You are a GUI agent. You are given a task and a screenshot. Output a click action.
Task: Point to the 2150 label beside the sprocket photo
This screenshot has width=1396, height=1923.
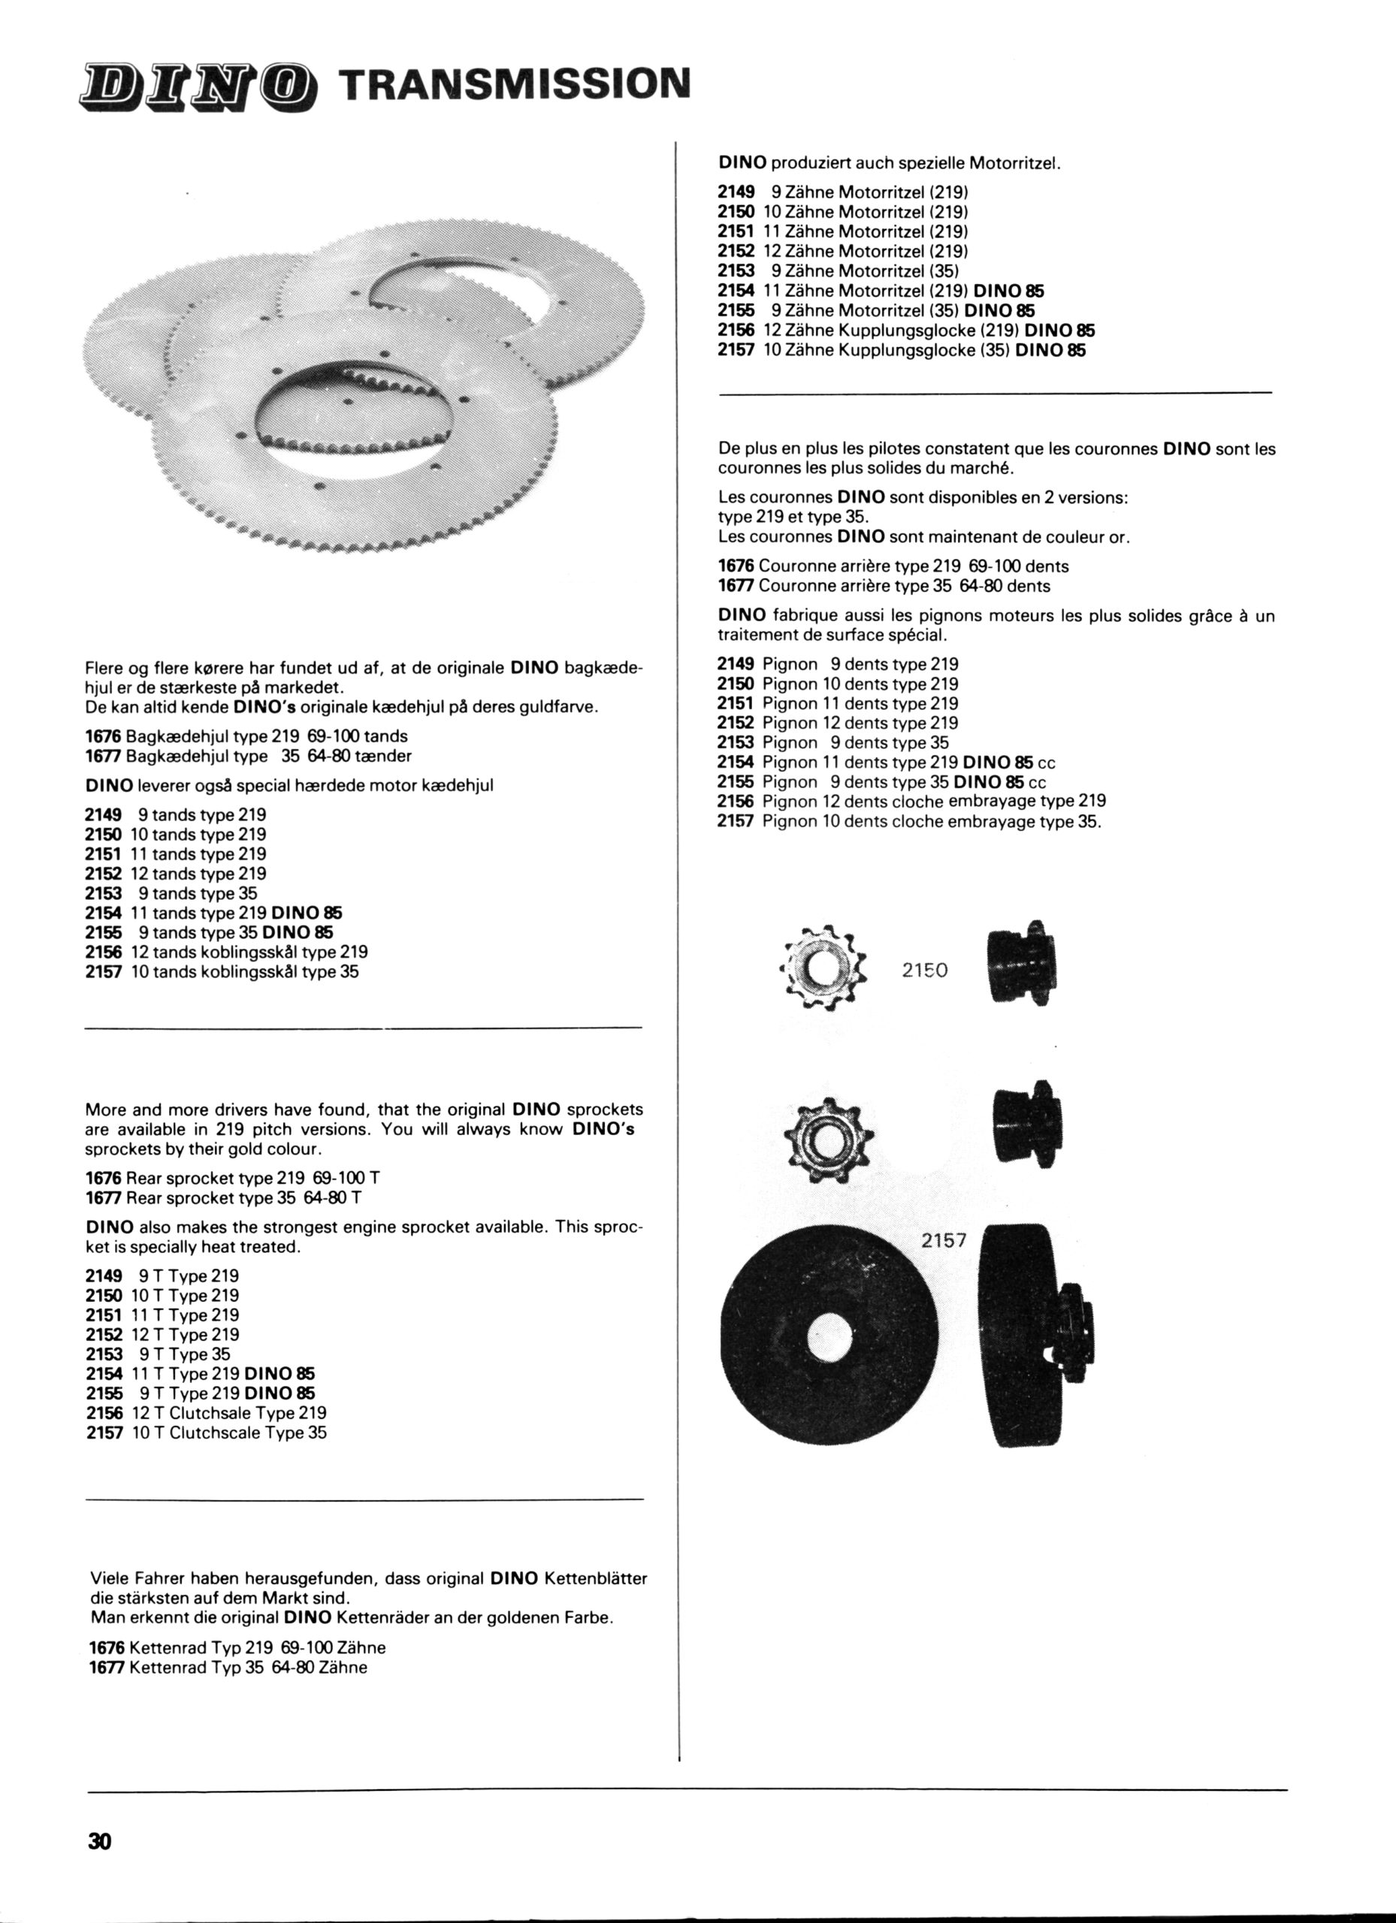coord(923,970)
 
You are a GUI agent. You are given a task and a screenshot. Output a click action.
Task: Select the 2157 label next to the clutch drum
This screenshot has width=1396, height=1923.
coord(943,1240)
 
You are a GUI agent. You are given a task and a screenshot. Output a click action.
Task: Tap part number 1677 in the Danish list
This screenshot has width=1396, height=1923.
coord(104,756)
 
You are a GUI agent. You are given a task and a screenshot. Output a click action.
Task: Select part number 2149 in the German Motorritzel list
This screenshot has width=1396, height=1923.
coord(736,192)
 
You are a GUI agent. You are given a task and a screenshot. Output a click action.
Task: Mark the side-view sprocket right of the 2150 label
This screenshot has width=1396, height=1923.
coord(1023,967)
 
